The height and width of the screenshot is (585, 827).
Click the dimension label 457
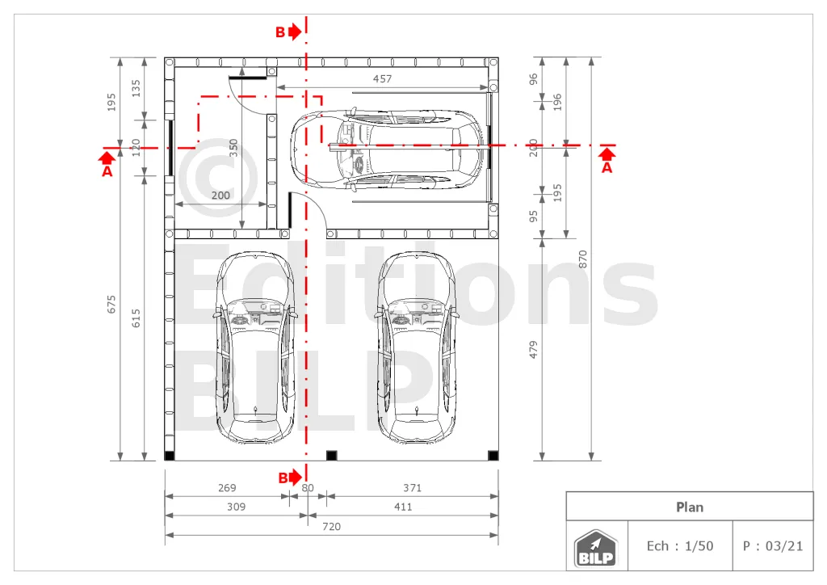382,78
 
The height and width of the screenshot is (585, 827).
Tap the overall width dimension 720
331,527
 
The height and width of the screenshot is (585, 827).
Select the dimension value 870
583,259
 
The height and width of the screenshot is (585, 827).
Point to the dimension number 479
533,350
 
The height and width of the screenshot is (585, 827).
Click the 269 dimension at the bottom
227,488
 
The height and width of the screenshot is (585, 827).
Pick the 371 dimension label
413,488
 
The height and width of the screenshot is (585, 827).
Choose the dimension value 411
403,507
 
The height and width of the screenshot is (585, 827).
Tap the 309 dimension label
237,507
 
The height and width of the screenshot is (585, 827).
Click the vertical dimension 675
111,305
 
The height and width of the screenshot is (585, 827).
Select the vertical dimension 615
136,318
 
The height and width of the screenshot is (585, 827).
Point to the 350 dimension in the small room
233,148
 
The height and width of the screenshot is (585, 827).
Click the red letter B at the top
280,32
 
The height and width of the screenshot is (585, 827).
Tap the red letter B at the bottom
283,478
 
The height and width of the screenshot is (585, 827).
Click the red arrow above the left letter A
107,158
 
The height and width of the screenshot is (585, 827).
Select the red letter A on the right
607,168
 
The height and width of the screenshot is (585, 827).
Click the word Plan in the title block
690,507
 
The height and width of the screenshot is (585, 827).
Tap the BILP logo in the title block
596,548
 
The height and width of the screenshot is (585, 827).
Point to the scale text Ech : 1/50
680,546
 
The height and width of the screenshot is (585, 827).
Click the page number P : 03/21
773,546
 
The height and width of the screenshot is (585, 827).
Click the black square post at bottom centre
332,455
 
